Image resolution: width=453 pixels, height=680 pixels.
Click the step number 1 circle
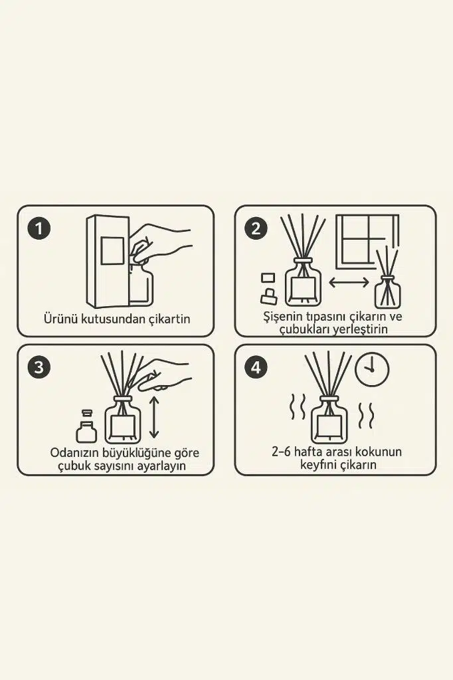click(x=39, y=228)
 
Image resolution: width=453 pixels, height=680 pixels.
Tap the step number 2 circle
click(x=256, y=228)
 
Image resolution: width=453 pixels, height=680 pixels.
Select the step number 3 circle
click(x=39, y=367)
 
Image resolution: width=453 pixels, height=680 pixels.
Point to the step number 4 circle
click(x=256, y=367)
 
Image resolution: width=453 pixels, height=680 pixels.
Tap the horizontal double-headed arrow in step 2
click(x=349, y=282)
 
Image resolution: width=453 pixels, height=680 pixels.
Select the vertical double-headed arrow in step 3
click(x=154, y=417)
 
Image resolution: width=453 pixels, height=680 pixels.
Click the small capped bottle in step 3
click(x=86, y=426)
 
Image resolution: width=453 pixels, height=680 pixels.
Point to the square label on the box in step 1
click(x=112, y=250)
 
